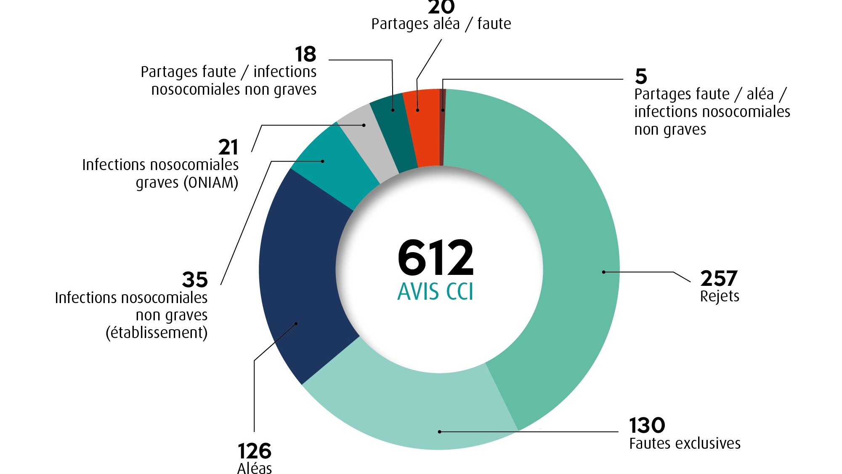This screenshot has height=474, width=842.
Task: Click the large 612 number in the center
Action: (436, 257)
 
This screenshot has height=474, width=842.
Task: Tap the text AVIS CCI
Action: (436, 291)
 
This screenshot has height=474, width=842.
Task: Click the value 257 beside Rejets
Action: (719, 279)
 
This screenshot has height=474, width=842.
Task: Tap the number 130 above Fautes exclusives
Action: (647, 426)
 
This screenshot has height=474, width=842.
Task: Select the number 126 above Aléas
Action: (255, 451)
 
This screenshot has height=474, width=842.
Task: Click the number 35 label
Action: (195, 280)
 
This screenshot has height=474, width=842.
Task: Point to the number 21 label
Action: (228, 147)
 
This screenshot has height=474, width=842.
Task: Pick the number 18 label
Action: (305, 54)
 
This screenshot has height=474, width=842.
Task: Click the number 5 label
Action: (641, 77)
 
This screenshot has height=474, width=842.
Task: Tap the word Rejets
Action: (720, 296)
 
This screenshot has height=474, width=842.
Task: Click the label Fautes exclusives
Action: (685, 444)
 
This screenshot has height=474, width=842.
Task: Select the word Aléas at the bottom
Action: (255, 468)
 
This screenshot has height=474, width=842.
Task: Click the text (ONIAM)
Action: (211, 183)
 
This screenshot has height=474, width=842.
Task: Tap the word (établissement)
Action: (157, 333)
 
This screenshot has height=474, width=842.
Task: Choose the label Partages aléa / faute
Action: (441, 24)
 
